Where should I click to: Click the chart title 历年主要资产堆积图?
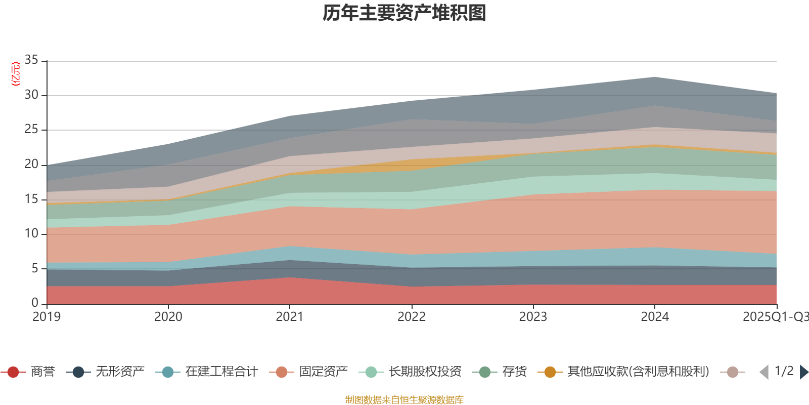pyautogui.click(x=404, y=13)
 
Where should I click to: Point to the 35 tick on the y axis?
pyautogui.click(x=31, y=60)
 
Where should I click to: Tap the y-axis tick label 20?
pyautogui.click(x=31, y=164)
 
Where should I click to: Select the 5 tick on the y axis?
pyautogui.click(x=35, y=268)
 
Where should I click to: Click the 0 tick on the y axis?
pyautogui.click(x=35, y=303)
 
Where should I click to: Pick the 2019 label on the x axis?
pyautogui.click(x=47, y=317)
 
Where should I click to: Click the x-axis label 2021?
pyautogui.click(x=289, y=317)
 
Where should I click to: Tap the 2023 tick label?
pyautogui.click(x=533, y=317)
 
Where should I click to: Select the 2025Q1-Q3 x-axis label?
pyautogui.click(x=775, y=317)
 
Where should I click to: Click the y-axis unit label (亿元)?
pyautogui.click(x=16, y=74)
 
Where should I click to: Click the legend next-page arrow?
pyautogui.click(x=803, y=372)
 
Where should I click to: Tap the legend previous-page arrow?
pyautogui.click(x=764, y=372)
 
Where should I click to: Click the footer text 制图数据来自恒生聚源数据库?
pyautogui.click(x=404, y=400)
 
